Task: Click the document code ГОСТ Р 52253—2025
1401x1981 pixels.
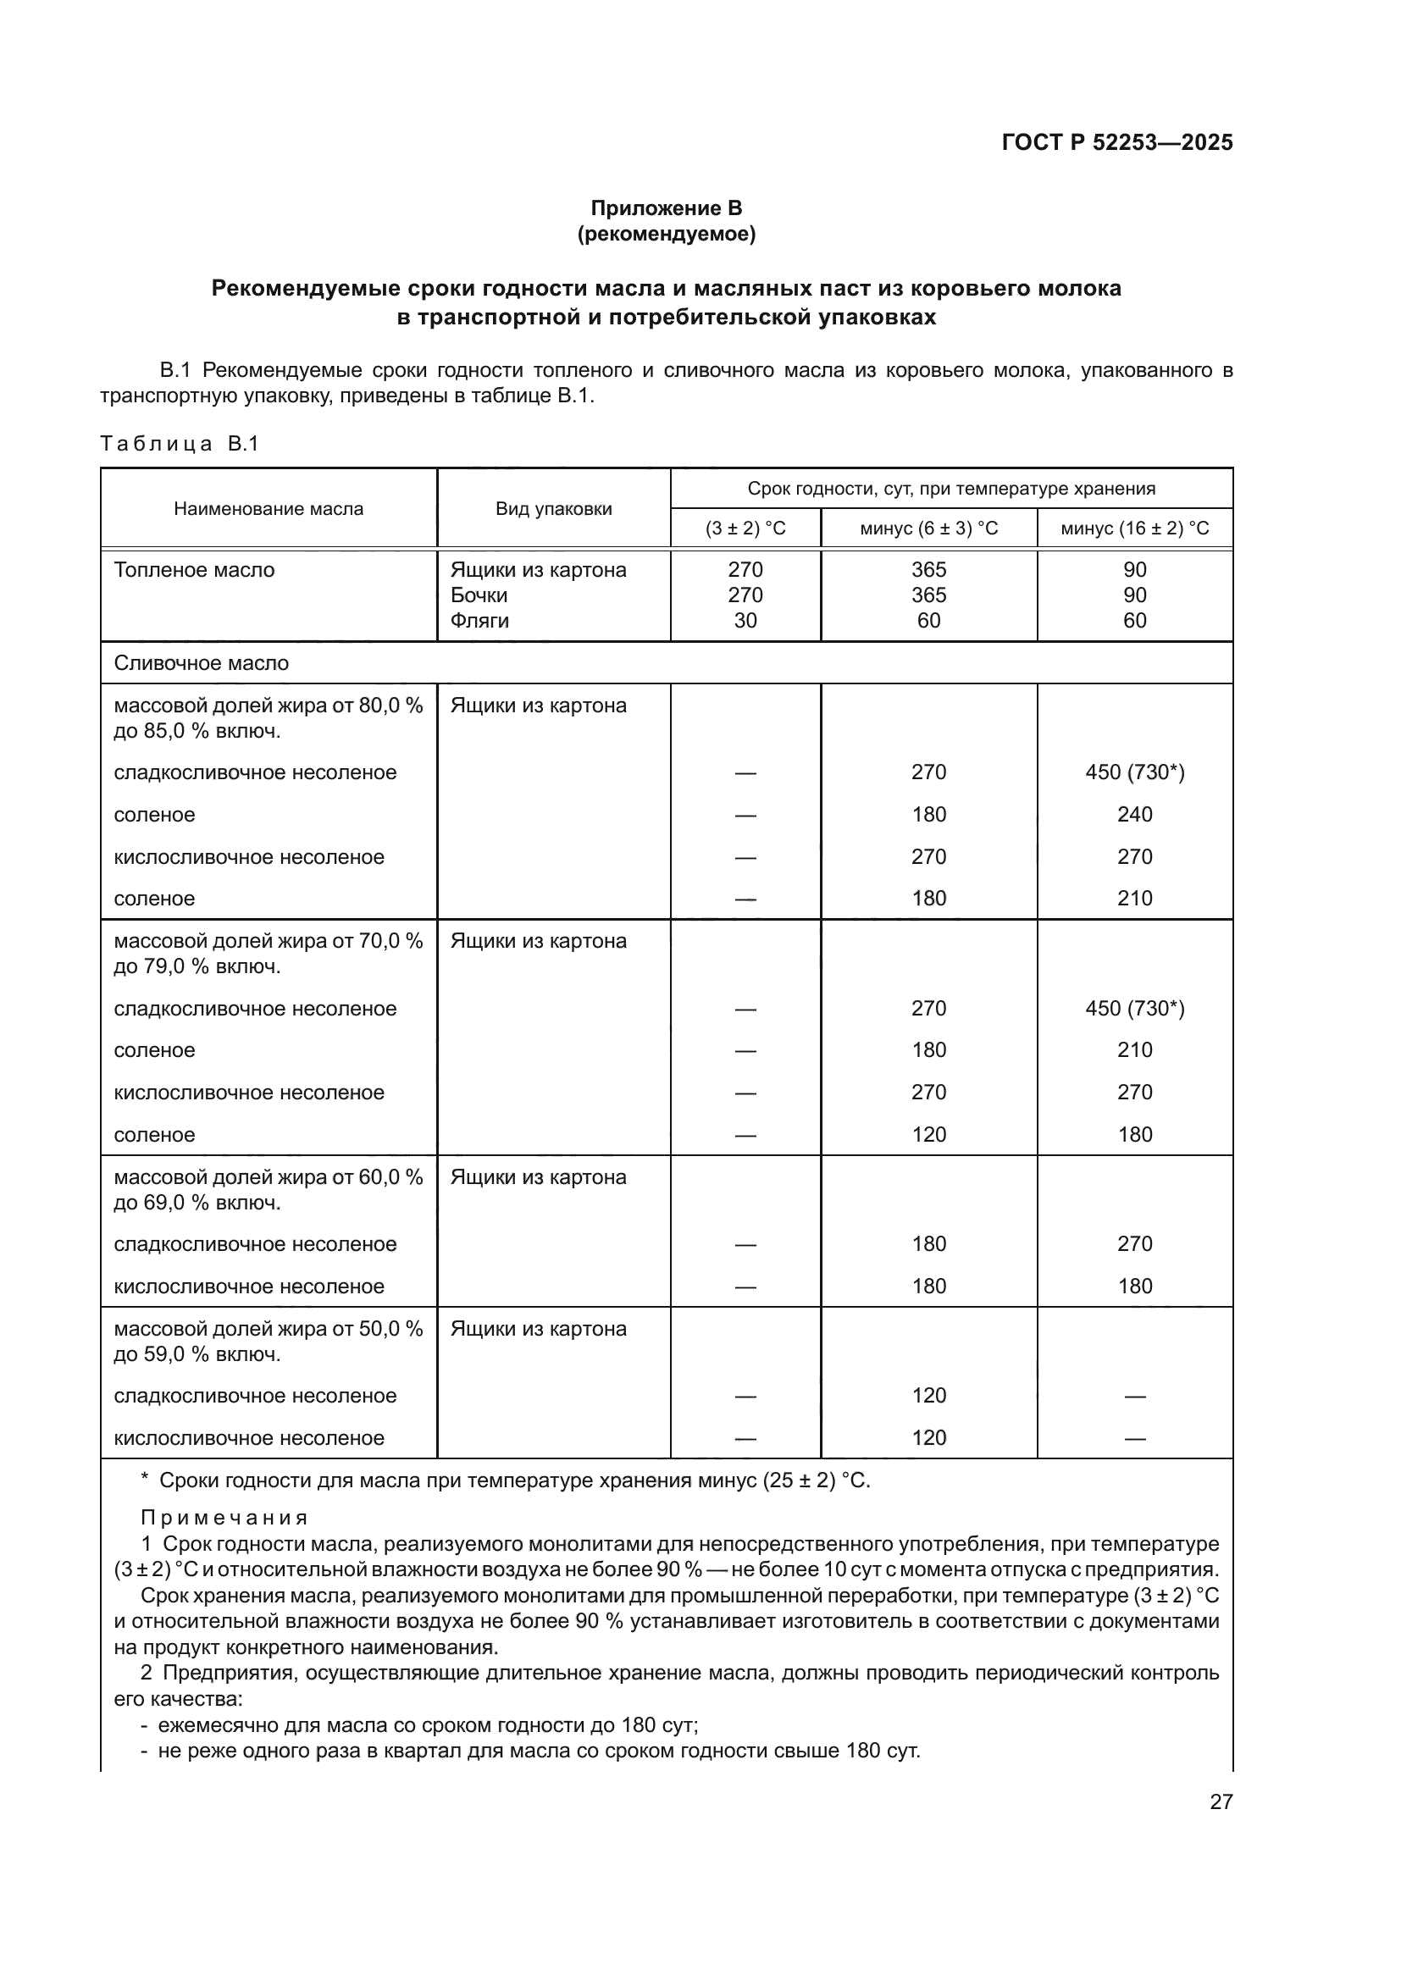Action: tap(1117, 142)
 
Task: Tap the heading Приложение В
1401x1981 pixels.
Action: tap(666, 208)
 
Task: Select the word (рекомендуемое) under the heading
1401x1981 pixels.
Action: tap(666, 234)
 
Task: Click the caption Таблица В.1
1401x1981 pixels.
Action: tap(180, 444)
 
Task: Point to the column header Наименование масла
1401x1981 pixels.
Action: tap(269, 508)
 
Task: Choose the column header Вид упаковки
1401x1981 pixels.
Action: tap(553, 508)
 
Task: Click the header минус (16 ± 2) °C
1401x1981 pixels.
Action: tap(1134, 528)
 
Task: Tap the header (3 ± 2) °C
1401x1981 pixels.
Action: tap(745, 528)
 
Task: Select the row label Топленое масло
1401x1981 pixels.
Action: tap(194, 569)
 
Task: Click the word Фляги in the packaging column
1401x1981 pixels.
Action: tap(479, 620)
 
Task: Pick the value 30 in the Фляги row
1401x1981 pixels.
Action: tap(745, 620)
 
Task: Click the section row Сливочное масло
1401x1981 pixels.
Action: tap(201, 662)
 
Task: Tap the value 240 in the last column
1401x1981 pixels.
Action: tap(1134, 814)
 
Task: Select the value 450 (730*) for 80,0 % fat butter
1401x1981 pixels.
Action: tap(1134, 772)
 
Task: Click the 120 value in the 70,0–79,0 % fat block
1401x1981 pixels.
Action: tap(928, 1134)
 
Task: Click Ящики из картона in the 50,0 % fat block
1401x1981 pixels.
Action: tap(539, 1328)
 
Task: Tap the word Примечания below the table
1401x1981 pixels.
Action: tap(224, 1517)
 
